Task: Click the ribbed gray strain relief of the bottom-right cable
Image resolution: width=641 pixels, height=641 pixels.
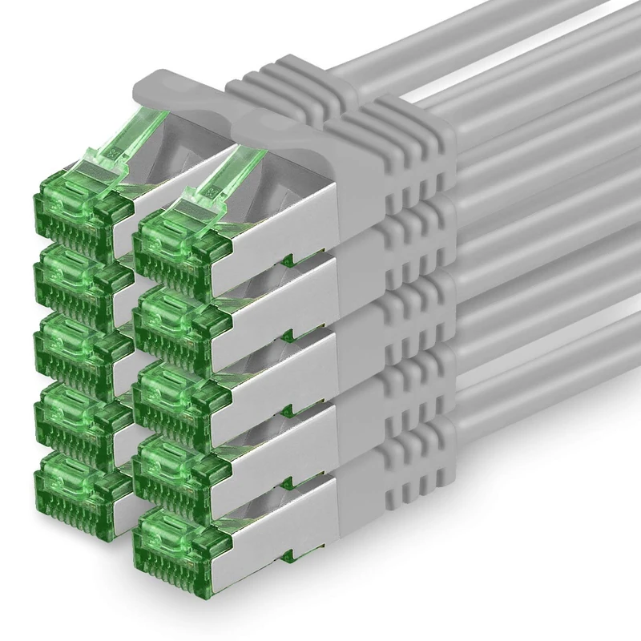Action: (x=413, y=473)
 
